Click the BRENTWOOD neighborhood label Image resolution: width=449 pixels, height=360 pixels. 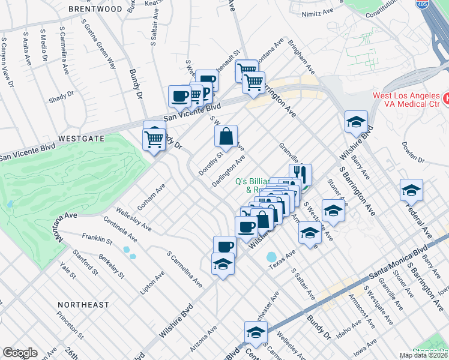point(91,9)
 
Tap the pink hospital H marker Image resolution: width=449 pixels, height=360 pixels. point(445,97)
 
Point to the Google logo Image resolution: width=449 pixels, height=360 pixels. point(20,353)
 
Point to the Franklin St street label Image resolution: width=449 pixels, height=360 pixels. point(97,239)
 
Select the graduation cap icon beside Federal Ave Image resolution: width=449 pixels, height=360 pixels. point(411,190)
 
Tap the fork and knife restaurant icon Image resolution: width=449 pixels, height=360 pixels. point(303,174)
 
